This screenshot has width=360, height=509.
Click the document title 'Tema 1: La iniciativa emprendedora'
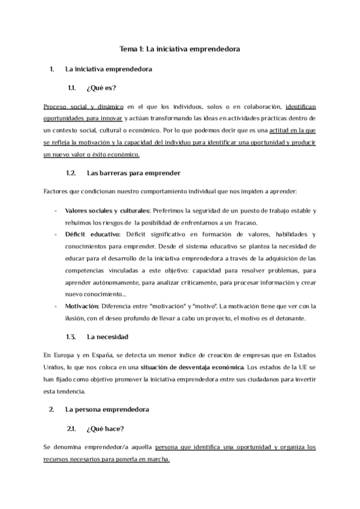[180, 49]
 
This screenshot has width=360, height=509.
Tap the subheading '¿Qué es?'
[101, 87]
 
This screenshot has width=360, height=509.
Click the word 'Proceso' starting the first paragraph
[57, 106]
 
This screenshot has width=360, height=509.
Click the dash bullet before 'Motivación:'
[55, 306]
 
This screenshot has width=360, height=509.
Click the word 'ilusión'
[76, 318]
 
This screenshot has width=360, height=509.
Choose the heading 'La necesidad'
[107, 337]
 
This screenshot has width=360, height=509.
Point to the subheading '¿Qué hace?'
[106, 429]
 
